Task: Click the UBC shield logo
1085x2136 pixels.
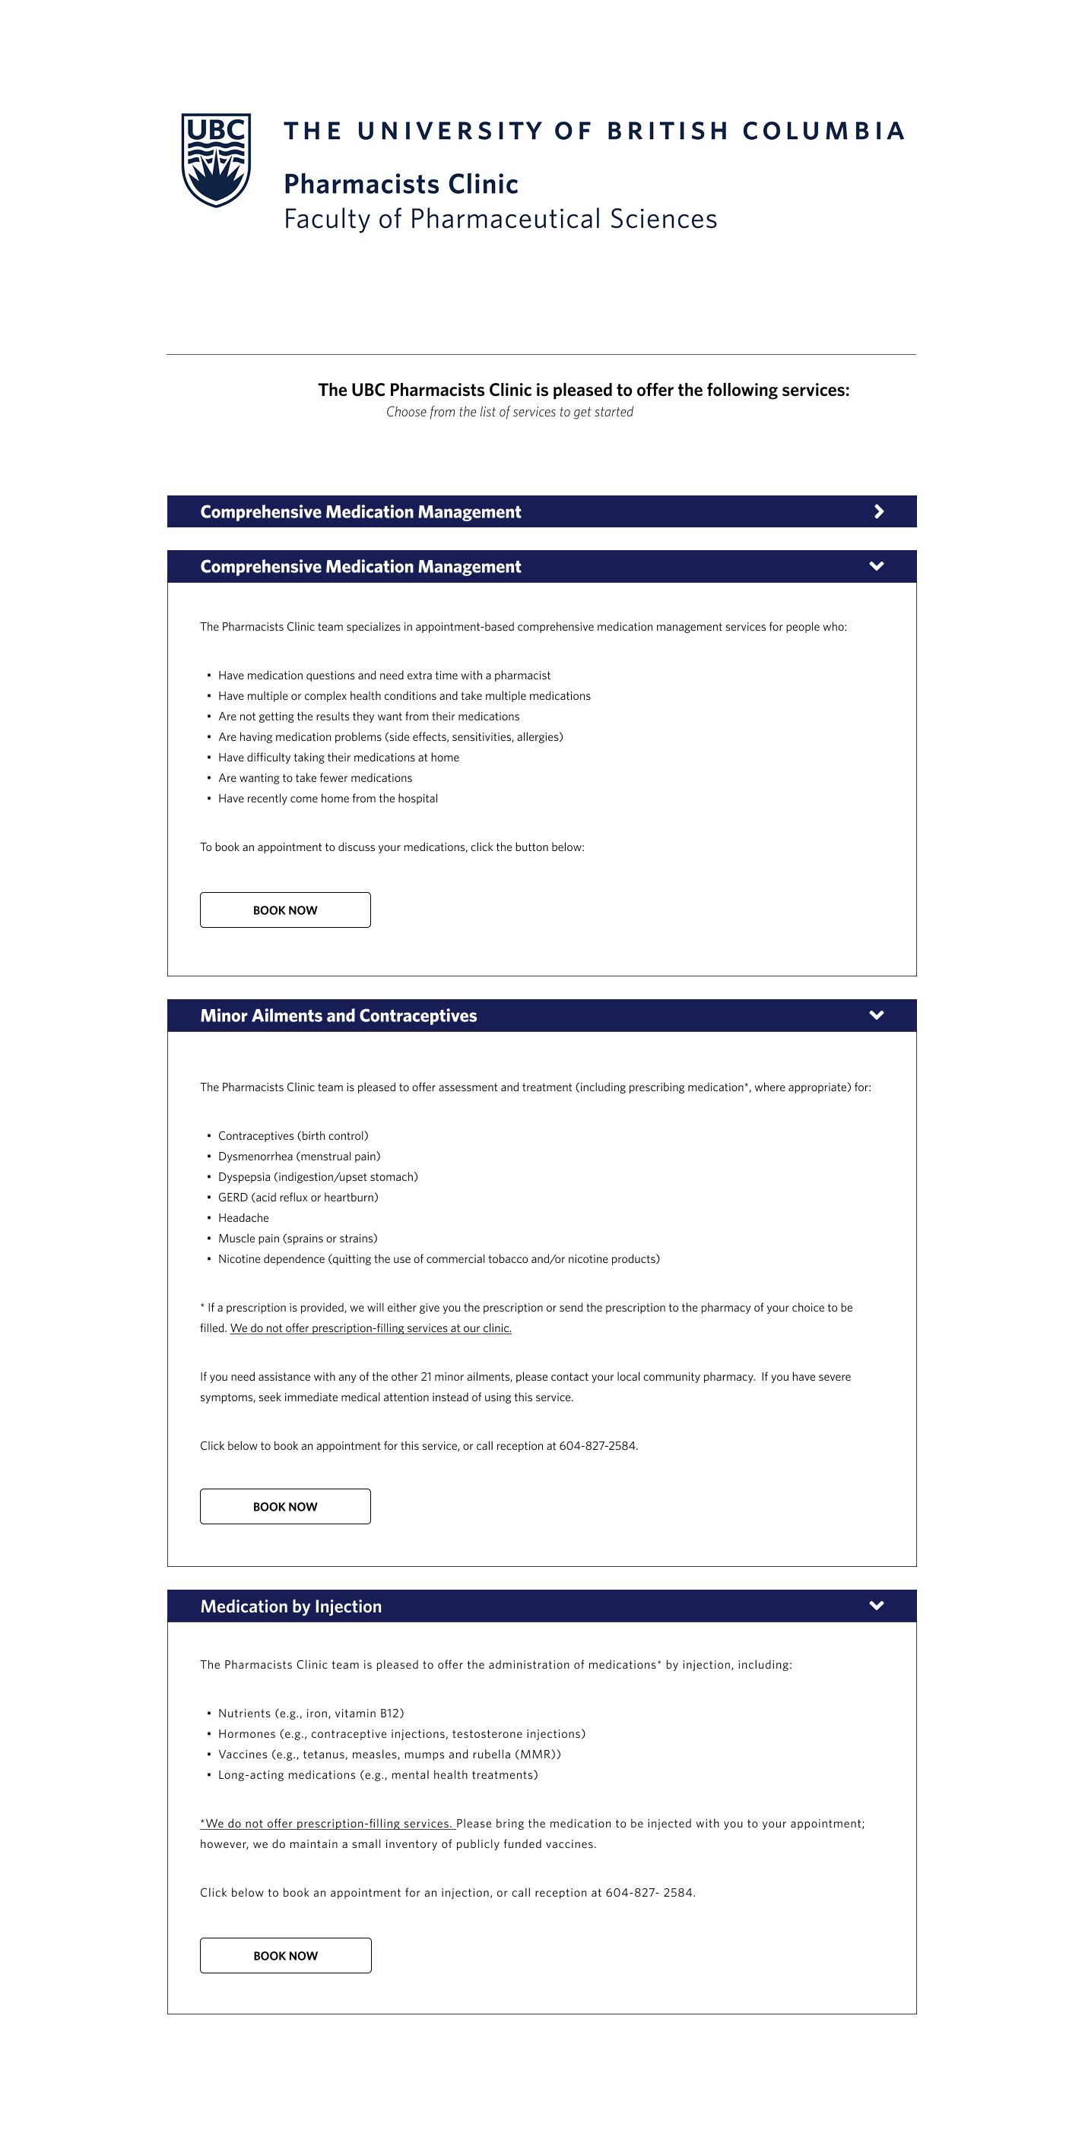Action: coord(216,160)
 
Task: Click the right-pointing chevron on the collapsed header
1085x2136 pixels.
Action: coord(878,511)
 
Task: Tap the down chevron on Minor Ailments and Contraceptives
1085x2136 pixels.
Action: coord(876,1015)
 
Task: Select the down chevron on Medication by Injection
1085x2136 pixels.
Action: coord(876,1606)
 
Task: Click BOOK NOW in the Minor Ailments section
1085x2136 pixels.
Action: coord(284,1507)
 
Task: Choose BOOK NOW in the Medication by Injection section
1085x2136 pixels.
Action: coord(285,1955)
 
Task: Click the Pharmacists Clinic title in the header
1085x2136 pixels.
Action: coord(401,184)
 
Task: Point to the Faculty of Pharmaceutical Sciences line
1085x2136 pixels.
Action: coord(500,219)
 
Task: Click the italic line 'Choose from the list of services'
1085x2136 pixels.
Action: coord(509,412)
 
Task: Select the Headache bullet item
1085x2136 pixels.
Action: coord(243,1218)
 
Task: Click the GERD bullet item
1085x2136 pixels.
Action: coord(298,1198)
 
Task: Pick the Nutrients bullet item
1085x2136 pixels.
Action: coord(310,1713)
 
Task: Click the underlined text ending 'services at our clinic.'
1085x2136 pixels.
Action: coord(371,1328)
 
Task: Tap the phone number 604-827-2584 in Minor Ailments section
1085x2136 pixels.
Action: coord(598,1446)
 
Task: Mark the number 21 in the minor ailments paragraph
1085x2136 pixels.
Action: coord(426,1378)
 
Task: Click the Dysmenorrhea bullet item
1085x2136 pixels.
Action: coord(299,1157)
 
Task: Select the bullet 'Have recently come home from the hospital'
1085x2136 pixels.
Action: coord(328,799)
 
